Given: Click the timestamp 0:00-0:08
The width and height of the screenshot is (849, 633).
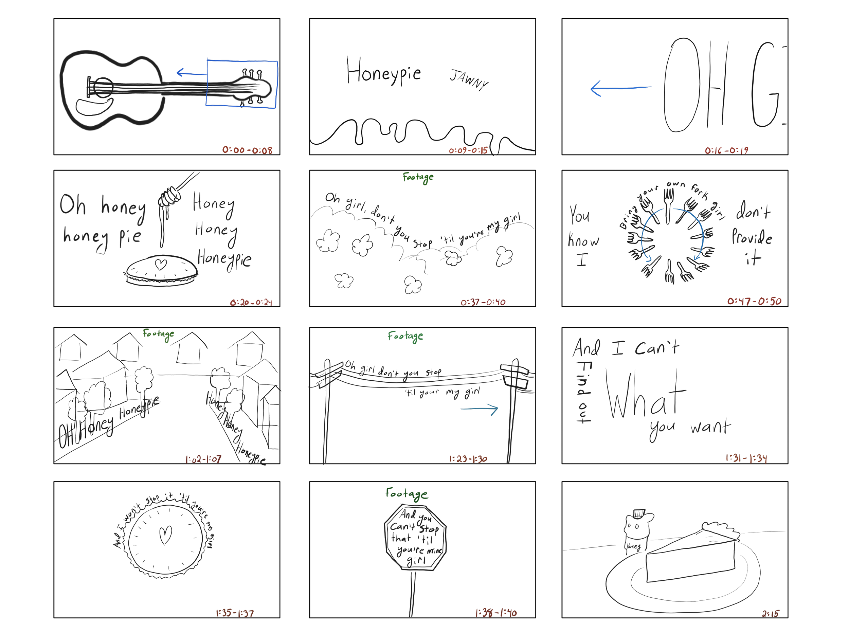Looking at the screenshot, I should pyautogui.click(x=247, y=150).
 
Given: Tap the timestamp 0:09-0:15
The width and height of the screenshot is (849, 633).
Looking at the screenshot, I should pyautogui.click(x=468, y=150).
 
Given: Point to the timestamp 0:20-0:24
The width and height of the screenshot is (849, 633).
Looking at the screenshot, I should pyautogui.click(x=251, y=303).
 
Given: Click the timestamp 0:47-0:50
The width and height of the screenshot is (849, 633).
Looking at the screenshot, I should pyautogui.click(x=754, y=302).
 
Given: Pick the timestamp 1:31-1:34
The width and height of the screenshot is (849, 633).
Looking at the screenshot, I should pyautogui.click(x=746, y=459).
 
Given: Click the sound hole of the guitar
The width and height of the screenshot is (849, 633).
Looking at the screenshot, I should pyautogui.click(x=102, y=88).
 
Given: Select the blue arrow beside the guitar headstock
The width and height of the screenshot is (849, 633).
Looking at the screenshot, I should pyautogui.click(x=191, y=72).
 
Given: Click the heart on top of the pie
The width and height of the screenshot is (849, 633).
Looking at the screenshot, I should pyautogui.click(x=161, y=265).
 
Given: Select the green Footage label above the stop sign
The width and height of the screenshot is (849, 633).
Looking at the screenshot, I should pyautogui.click(x=406, y=494).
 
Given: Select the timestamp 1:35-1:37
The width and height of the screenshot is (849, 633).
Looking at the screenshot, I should pyautogui.click(x=235, y=613).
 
